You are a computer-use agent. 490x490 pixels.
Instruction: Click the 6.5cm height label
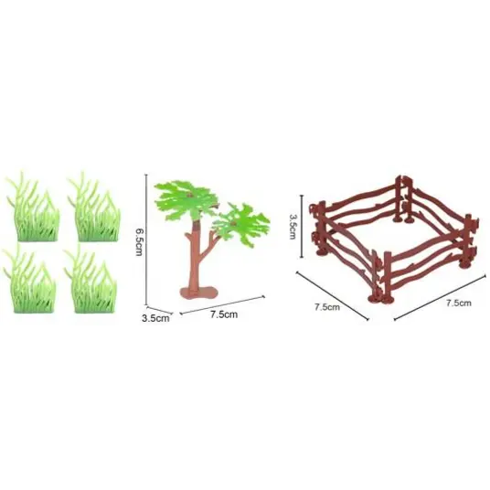(139, 241)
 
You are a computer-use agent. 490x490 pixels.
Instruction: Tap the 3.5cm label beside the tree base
(155, 318)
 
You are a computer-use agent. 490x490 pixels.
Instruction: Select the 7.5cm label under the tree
(223, 314)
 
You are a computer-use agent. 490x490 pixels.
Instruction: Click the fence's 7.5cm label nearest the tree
(327, 307)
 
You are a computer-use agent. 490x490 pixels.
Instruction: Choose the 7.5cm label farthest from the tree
(458, 303)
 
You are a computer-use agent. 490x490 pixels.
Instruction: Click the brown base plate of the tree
(198, 293)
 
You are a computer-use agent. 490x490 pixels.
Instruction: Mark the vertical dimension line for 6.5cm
(146, 240)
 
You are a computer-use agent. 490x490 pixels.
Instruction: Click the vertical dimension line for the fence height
(302, 226)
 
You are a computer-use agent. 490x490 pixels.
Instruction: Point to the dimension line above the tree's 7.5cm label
(222, 304)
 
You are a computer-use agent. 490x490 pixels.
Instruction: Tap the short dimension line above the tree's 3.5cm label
(159, 309)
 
